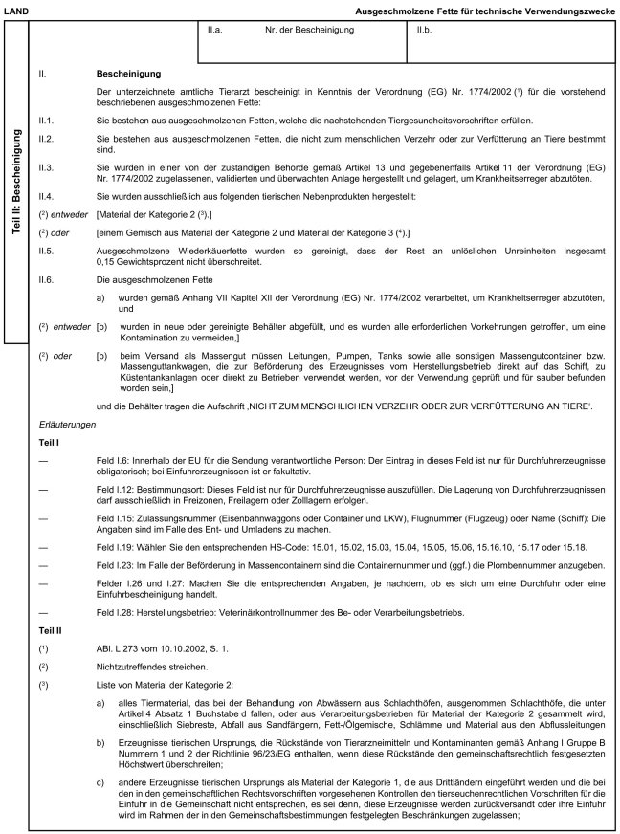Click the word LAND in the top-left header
click(x=17, y=9)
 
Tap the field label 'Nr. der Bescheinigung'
click(x=308, y=31)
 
